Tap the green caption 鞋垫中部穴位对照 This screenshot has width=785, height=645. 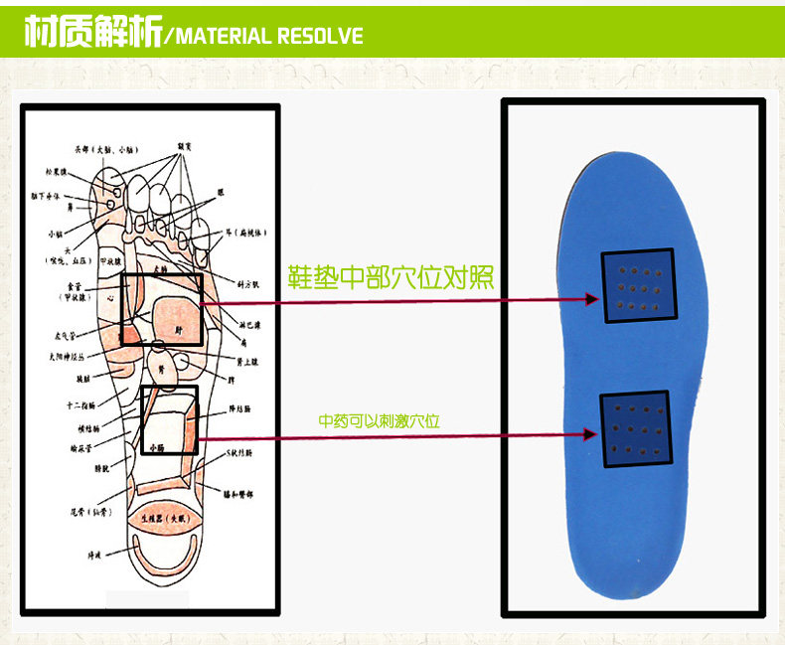391,275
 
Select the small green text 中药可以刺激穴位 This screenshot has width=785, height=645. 379,421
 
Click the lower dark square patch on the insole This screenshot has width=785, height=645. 636,428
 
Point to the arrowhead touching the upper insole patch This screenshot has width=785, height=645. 592,298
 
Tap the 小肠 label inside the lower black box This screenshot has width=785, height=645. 157,448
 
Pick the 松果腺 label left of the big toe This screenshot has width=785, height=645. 56,173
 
